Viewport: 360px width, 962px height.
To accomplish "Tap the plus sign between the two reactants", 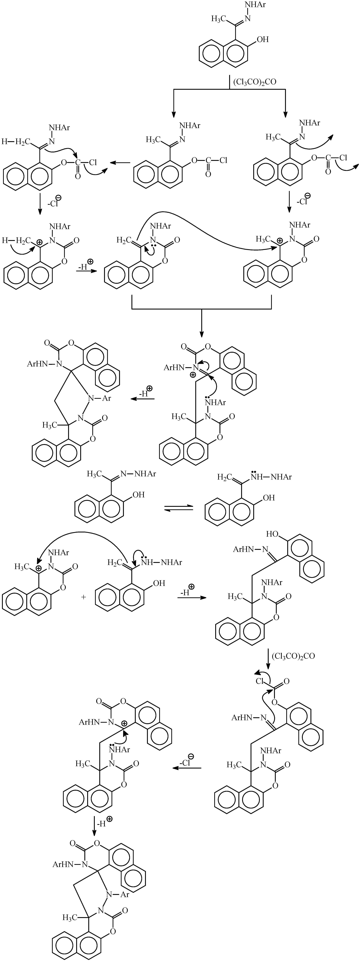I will [x=83, y=597].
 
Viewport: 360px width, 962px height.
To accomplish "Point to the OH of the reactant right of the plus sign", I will [x=159, y=583].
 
